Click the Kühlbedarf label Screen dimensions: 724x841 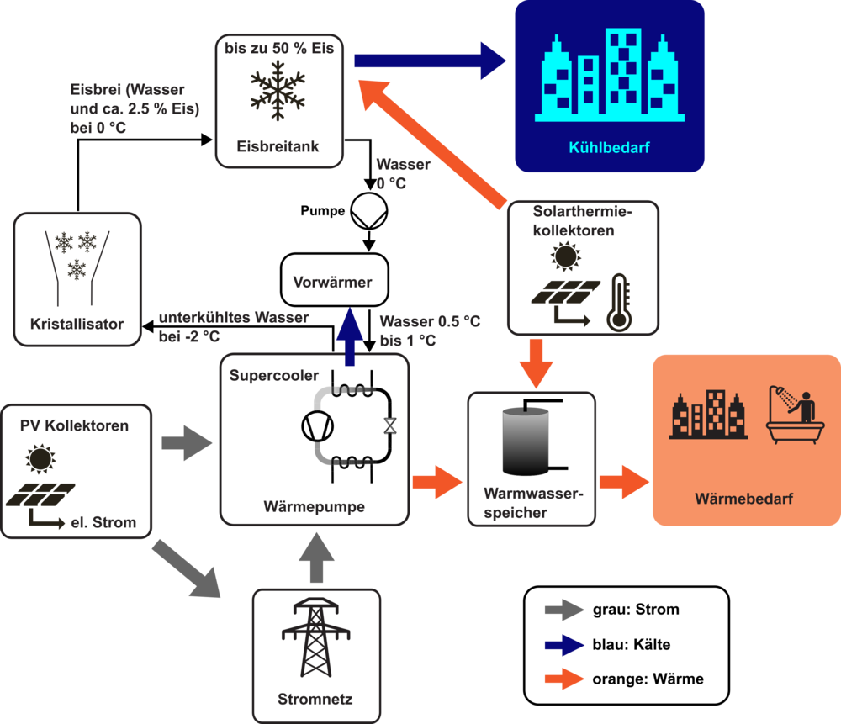coord(609,149)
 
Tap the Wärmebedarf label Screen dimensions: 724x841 coord(744,499)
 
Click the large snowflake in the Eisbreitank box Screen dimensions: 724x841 coord(278,92)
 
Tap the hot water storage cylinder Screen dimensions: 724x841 coord(525,440)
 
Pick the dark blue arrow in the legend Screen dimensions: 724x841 coord(564,645)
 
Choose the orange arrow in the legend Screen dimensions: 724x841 coord(564,678)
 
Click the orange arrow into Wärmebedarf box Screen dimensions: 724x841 coord(624,483)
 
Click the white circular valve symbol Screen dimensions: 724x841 coord(368,209)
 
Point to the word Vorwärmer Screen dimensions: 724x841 coord(332,283)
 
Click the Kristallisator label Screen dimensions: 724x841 coord(77,323)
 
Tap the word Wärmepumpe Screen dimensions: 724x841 coord(314,507)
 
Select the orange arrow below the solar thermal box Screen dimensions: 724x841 coord(536,362)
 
